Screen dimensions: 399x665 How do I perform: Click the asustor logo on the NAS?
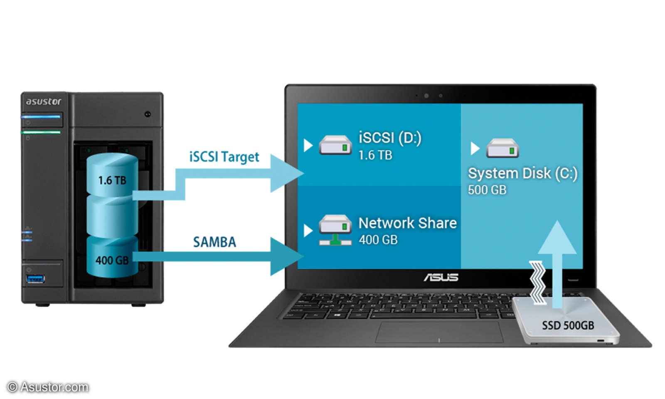[43, 101]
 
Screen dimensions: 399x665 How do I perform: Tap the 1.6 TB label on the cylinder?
[112, 180]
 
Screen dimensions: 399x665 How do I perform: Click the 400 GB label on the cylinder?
[112, 260]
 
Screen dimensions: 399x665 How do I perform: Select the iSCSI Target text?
[224, 157]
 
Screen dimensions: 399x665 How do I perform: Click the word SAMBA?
[214, 242]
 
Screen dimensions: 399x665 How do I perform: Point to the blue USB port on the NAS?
[35, 279]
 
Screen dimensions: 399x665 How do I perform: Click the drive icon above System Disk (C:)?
[502, 148]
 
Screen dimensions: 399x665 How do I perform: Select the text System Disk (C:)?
[522, 173]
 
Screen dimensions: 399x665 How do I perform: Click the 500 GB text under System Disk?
[487, 190]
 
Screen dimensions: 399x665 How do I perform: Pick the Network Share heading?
[407, 223]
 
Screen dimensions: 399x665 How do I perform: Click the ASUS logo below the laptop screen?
[441, 277]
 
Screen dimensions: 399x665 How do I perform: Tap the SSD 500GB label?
[568, 325]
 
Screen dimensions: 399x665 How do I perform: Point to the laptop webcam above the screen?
[426, 96]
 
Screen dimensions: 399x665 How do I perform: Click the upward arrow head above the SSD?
[557, 239]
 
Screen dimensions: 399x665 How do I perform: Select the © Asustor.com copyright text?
[48, 387]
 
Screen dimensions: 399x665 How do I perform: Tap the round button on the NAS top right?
[148, 114]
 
